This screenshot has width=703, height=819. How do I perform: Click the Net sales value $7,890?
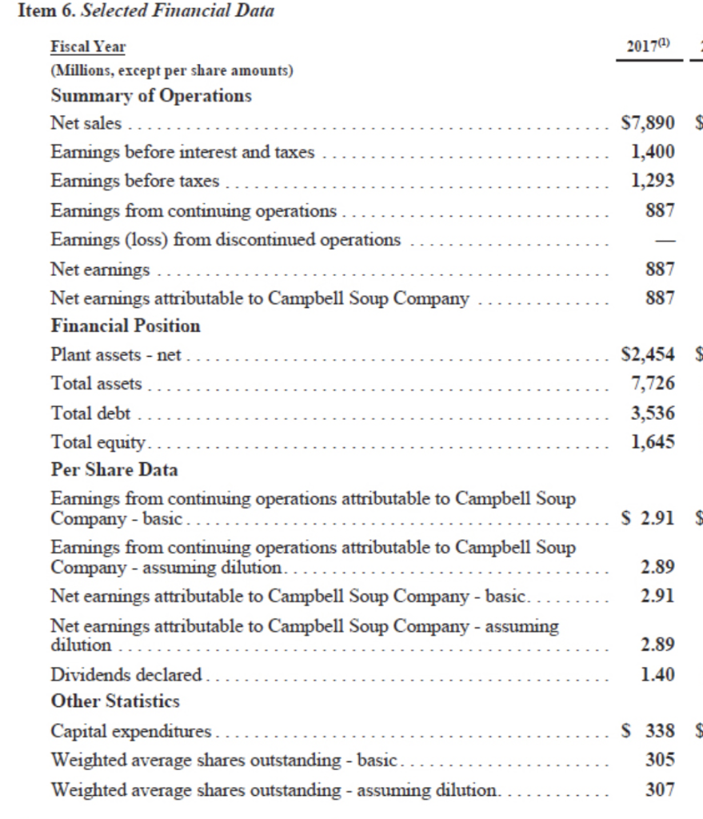click(649, 125)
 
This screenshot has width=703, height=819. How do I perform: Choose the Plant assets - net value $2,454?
click(649, 355)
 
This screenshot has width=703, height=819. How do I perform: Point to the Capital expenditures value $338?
click(649, 732)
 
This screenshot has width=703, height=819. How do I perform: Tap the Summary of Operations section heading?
click(150, 96)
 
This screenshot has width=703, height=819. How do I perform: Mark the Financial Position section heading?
click(126, 326)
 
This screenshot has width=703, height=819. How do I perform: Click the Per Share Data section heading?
click(114, 469)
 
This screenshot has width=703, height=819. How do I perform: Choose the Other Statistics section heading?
click(115, 702)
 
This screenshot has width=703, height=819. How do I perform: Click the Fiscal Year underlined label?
click(88, 48)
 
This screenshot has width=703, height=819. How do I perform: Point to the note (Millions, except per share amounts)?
click(172, 70)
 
